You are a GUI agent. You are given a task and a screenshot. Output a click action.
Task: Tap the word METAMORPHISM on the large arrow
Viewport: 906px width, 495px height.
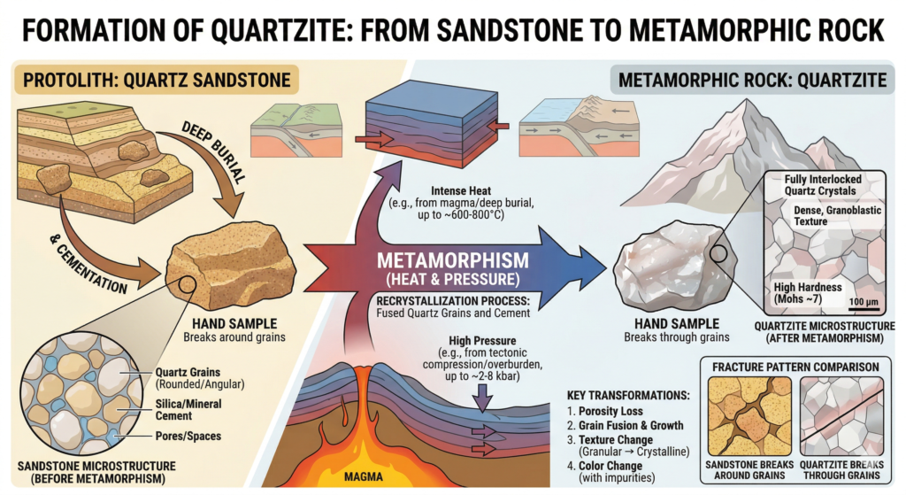point(452,261)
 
